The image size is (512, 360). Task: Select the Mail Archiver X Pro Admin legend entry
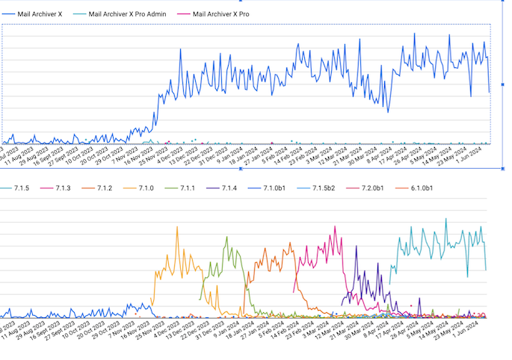click(128, 13)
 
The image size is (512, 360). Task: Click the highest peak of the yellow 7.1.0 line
click(177, 227)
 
